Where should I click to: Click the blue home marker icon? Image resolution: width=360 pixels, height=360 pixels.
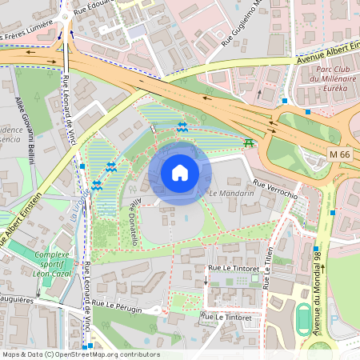pyautogui.click(x=180, y=172)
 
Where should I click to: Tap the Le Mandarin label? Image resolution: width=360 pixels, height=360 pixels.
pyautogui.click(x=231, y=194)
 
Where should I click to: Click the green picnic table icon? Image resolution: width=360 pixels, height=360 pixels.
pyautogui.click(x=250, y=143)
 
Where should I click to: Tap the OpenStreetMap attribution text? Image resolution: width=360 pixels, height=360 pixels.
pyautogui.click(x=81, y=354)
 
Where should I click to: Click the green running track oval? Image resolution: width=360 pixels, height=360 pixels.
pyautogui.click(x=305, y=320)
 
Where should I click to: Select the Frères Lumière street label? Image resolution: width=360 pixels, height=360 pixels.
pyautogui.click(x=26, y=35)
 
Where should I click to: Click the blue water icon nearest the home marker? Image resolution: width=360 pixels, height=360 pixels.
pyautogui.click(x=183, y=127)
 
